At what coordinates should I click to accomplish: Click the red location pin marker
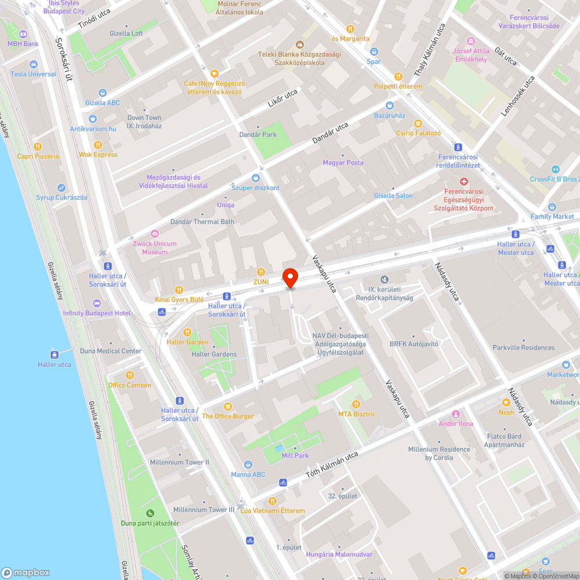point(289,277)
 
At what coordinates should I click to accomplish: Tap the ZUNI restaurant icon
point(261,271)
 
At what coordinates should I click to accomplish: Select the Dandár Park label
point(258,135)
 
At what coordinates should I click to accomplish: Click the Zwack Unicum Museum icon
point(154,233)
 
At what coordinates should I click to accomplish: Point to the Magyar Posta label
point(343,162)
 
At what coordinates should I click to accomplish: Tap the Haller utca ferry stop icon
point(55,354)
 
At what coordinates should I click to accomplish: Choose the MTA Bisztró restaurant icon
point(356,404)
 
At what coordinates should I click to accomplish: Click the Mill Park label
point(295,455)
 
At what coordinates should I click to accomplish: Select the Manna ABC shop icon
point(248,464)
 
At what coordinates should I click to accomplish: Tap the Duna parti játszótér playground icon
point(150,513)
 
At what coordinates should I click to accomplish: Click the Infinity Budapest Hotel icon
point(96,303)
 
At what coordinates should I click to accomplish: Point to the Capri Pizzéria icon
point(38,146)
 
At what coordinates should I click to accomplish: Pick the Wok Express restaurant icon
point(98,145)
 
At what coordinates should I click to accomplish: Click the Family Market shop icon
point(552,207)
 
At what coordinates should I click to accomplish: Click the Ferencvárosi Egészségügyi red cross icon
point(463,182)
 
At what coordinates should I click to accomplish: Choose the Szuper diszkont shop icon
point(255,178)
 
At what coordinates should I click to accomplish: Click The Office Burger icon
point(227,407)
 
